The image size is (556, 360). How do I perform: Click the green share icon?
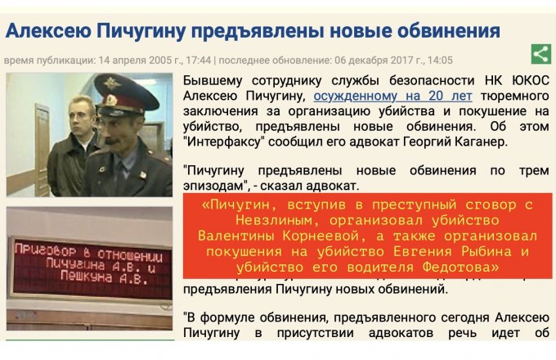pos(540,55)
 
